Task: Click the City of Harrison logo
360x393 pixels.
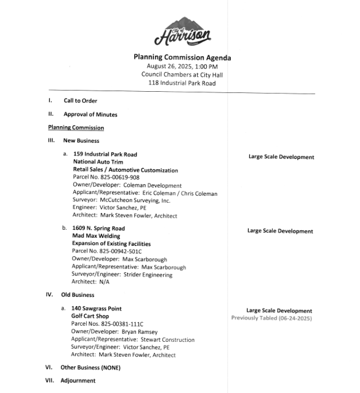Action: click(182, 32)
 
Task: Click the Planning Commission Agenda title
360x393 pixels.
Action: click(182, 57)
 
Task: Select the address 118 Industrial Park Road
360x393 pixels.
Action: click(182, 83)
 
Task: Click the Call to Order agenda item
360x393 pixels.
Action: click(80, 100)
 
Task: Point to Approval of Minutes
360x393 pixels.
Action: click(90, 115)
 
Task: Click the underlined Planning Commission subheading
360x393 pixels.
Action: click(76, 128)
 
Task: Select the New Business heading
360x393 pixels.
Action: click(81, 141)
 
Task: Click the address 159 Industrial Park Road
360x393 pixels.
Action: click(105, 154)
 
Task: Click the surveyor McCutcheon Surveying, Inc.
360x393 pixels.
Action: click(135, 200)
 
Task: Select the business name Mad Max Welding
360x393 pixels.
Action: click(96, 236)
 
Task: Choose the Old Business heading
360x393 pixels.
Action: click(78, 294)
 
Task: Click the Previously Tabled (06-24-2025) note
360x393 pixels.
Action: click(271, 318)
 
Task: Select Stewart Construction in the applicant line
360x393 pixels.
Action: click(168, 339)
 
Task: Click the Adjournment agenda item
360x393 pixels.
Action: click(78, 381)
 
